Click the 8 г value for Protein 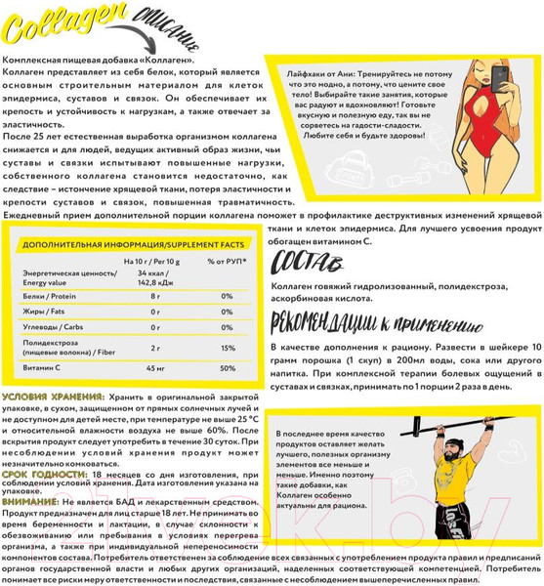[155, 296]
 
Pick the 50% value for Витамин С [228, 368]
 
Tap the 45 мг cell [155, 368]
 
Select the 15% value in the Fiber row [228, 348]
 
